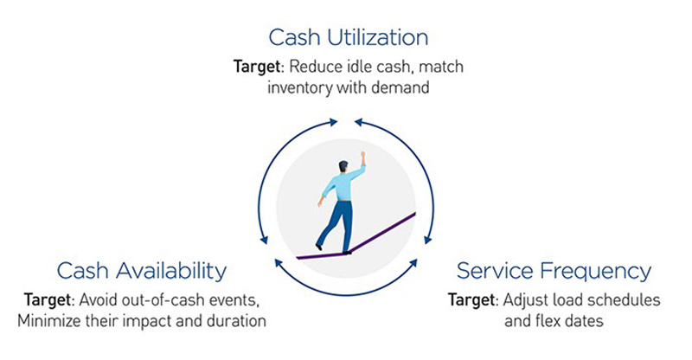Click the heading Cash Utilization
click(347, 37)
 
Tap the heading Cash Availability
click(142, 271)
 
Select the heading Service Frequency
click(554, 271)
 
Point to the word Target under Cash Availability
click(53, 299)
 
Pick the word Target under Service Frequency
click(472, 299)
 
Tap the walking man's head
click(344, 166)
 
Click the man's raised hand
click(364, 158)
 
